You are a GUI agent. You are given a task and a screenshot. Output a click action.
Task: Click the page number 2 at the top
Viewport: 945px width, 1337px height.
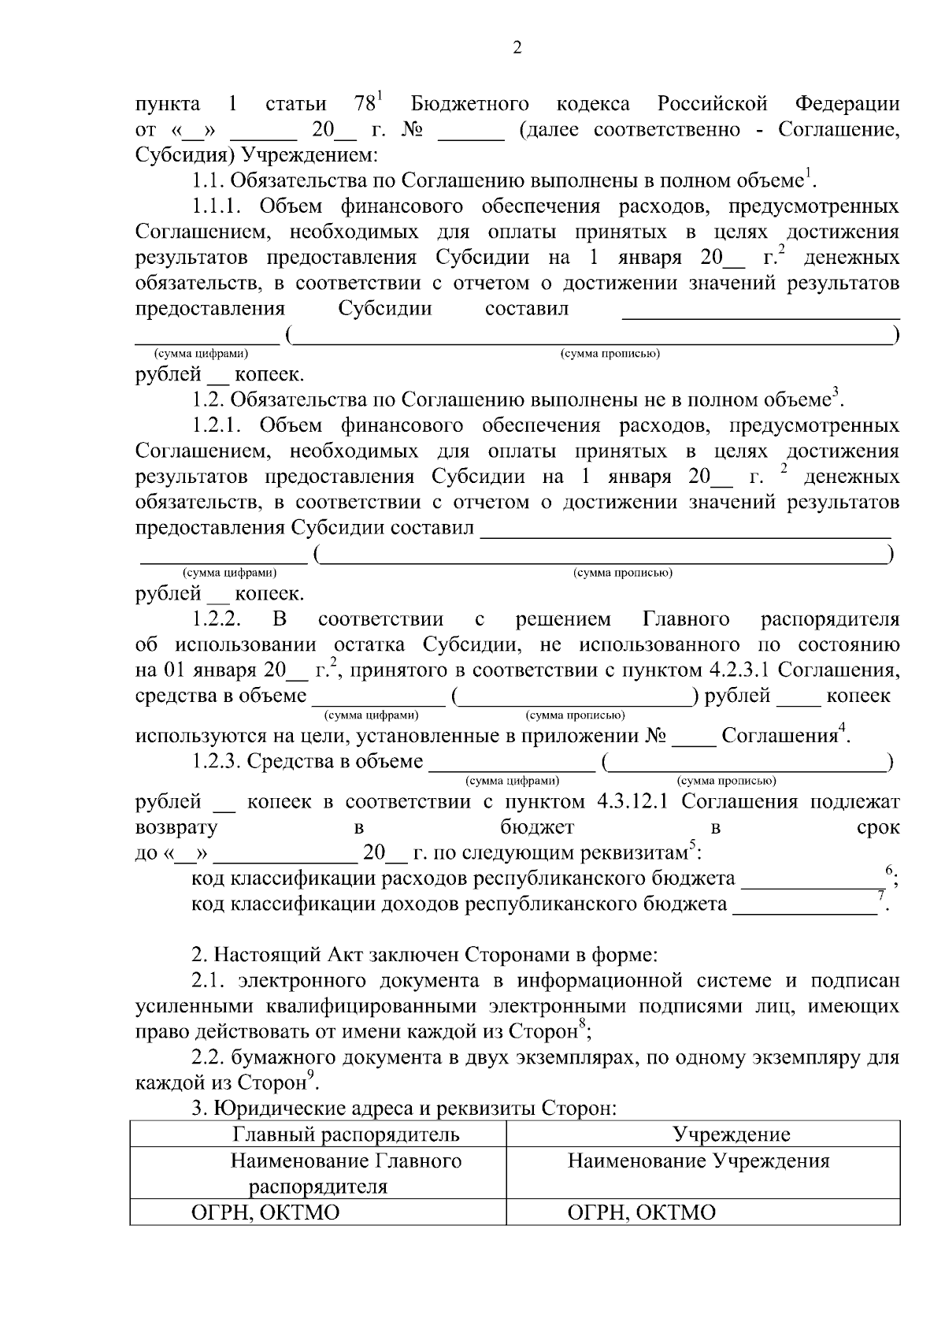(517, 48)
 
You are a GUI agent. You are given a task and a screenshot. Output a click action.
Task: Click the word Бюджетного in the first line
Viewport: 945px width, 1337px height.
(469, 105)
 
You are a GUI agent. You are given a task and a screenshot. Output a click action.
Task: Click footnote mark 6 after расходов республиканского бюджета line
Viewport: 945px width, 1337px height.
(889, 870)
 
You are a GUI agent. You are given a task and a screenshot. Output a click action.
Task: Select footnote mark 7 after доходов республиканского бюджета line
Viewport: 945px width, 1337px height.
(881, 894)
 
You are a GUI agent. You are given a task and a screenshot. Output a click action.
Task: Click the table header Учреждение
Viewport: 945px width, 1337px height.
(731, 1135)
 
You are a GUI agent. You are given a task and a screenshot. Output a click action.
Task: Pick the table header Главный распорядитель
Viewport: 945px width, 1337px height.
(346, 1135)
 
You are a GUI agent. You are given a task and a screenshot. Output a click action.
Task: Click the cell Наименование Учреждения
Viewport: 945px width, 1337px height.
(699, 1161)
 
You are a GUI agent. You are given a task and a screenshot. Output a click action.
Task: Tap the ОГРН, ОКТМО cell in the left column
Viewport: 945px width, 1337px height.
(265, 1213)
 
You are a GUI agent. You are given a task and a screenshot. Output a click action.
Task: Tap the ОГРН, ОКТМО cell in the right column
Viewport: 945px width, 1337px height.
(642, 1213)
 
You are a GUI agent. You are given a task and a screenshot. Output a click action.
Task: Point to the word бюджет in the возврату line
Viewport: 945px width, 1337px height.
(537, 827)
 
